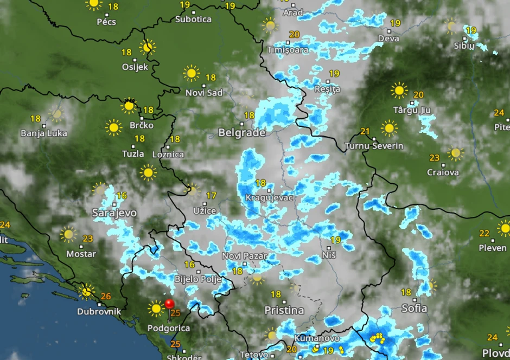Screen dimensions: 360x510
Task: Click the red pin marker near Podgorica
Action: coord(169,304)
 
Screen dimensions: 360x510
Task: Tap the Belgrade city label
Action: coord(242,133)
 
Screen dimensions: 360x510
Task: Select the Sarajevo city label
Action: coord(114,213)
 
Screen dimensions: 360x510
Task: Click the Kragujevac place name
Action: coord(269,198)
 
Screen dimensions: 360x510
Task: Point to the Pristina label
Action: coord(284,311)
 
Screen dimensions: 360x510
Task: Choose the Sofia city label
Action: coord(414,308)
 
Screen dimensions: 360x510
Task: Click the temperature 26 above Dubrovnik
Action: coord(106,297)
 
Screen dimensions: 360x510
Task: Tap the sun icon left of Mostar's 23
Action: coord(68,234)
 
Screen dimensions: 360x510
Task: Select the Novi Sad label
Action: coord(204,93)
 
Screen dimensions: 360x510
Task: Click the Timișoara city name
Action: coord(288,50)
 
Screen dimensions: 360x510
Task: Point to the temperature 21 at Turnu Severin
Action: coord(365,131)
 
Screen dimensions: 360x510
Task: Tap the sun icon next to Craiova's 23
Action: coord(455,153)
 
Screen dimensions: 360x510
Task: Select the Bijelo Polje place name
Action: coord(197,280)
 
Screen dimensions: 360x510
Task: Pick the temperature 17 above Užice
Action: coord(211,196)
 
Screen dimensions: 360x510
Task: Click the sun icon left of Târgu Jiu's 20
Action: coord(399,90)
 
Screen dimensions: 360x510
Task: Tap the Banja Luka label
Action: coord(44,133)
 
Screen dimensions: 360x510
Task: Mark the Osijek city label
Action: coord(135,67)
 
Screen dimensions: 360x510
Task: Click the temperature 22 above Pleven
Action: coord(484,234)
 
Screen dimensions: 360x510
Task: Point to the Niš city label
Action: coord(329,255)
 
